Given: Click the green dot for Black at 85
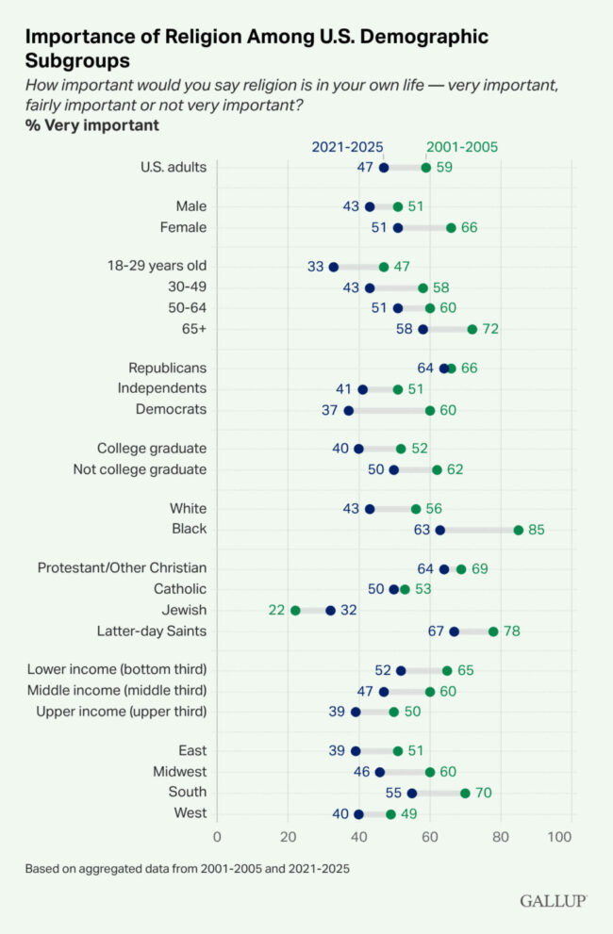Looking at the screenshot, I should click(x=519, y=530).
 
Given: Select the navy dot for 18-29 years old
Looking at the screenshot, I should click(x=334, y=267).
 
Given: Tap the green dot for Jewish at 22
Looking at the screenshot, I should click(x=295, y=611).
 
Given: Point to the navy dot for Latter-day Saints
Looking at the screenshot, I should click(x=455, y=631).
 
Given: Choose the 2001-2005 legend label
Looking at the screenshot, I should click(x=462, y=147).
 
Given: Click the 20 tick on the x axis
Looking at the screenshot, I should click(x=288, y=835).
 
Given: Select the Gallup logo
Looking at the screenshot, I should click(x=553, y=901).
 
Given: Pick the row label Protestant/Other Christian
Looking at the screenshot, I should click(x=122, y=568).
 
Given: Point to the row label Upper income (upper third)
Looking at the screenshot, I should click(x=121, y=712).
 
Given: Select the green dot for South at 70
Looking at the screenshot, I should click(x=465, y=793).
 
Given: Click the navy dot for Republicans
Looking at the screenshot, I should click(x=444, y=368).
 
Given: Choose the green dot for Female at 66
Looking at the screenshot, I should click(x=451, y=227).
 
